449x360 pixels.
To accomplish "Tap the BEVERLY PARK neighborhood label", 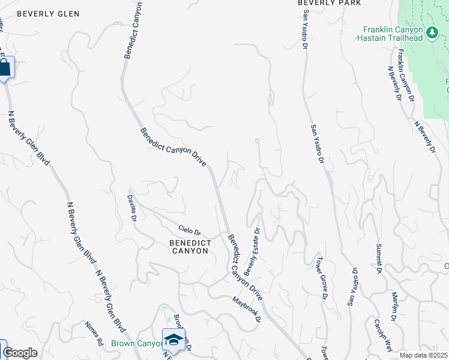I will click(x=330, y=3).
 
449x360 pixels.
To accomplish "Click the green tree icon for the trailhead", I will click(x=431, y=31).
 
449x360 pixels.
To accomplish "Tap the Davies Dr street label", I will click(x=132, y=208).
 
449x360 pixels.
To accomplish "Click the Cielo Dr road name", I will click(x=190, y=230).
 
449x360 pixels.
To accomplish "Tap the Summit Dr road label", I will click(x=379, y=259).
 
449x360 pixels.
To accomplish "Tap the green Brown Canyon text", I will click(x=137, y=344).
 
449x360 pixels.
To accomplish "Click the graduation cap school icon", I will click(x=173, y=339).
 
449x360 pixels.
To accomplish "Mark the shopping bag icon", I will click(x=5, y=67).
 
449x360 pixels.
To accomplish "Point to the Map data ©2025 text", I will click(x=423, y=355).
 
